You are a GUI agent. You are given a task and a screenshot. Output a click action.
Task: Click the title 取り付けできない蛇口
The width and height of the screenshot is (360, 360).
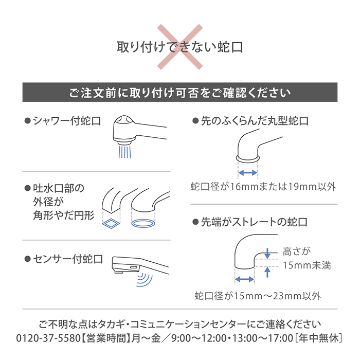click(179, 48)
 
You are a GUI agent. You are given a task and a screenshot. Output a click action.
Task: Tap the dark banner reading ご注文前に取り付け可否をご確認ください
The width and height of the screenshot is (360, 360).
click(179, 93)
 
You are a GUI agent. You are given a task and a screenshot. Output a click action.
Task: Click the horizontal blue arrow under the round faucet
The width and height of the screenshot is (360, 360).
click(248, 172)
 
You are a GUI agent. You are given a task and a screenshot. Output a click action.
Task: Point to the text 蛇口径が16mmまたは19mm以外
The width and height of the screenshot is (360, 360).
click(263, 187)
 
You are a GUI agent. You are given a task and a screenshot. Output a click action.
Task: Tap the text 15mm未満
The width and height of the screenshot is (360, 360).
click(307, 265)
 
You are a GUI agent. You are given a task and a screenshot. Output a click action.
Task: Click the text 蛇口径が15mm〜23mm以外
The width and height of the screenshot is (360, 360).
click(257, 296)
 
